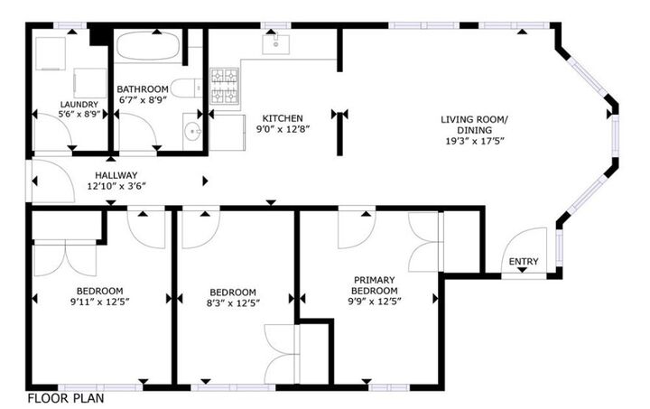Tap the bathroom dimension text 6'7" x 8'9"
143,100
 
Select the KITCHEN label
283,118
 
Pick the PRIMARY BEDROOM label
375,285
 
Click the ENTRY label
524,263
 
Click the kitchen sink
274,43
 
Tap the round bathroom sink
191,135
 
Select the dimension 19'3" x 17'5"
474,141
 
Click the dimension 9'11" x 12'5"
99,302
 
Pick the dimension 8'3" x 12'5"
234,303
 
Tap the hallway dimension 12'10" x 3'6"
116,186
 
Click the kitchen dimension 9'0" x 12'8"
283,129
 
